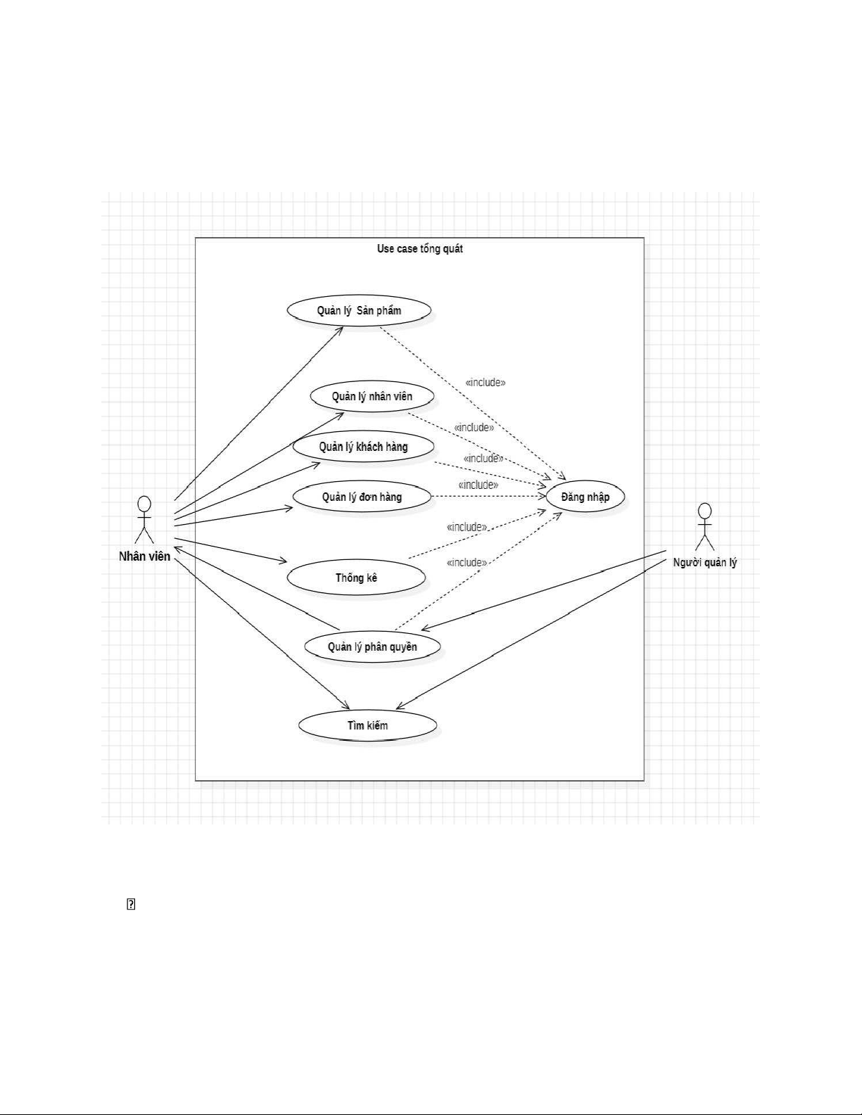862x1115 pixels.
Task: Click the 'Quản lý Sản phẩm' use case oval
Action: tap(359, 310)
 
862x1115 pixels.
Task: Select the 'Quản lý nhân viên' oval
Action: tap(372, 396)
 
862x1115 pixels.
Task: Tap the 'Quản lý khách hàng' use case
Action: tap(363, 447)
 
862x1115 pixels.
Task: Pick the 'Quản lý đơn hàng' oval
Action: tap(362, 497)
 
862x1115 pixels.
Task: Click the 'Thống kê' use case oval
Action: tap(356, 578)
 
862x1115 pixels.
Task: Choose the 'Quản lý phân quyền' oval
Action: tap(372, 646)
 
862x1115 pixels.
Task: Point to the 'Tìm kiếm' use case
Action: tap(367, 725)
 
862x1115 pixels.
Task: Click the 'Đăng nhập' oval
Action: tap(585, 497)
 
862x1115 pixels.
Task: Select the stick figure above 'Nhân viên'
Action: tap(144, 519)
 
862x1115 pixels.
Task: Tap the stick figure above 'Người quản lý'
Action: tap(704, 526)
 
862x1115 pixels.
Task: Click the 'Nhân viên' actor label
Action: tap(144, 556)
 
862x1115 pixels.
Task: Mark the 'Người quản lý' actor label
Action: tap(704, 562)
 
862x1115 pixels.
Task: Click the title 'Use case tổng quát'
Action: tap(419, 248)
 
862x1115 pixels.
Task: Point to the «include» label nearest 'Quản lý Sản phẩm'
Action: tap(486, 383)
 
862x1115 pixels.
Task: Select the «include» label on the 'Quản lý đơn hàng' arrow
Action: tap(478, 485)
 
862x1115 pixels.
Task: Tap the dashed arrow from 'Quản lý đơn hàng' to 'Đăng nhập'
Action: tap(493, 497)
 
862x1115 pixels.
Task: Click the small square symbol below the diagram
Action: tap(130, 905)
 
